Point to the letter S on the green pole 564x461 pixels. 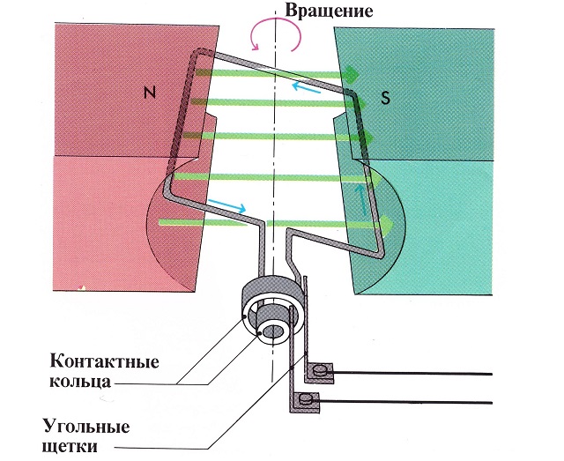385,97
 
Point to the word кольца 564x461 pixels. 85,383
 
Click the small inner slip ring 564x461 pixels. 271,331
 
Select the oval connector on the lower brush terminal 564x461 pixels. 308,399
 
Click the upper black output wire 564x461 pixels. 414,373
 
